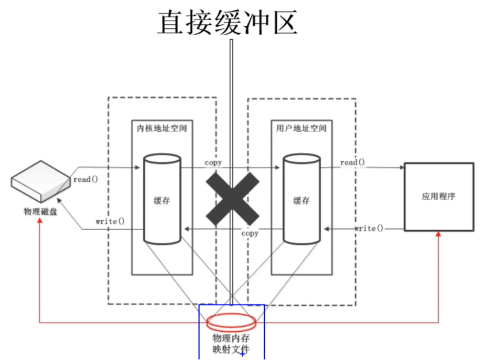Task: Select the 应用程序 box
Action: click(x=438, y=196)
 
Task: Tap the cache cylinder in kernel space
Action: click(x=162, y=199)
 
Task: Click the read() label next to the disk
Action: click(x=85, y=179)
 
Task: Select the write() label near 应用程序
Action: click(x=369, y=228)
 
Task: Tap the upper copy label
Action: click(x=213, y=163)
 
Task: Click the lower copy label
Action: click(x=249, y=234)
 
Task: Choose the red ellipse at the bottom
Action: click(x=231, y=320)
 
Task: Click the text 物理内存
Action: click(x=231, y=337)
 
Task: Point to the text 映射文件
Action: click(x=231, y=349)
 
